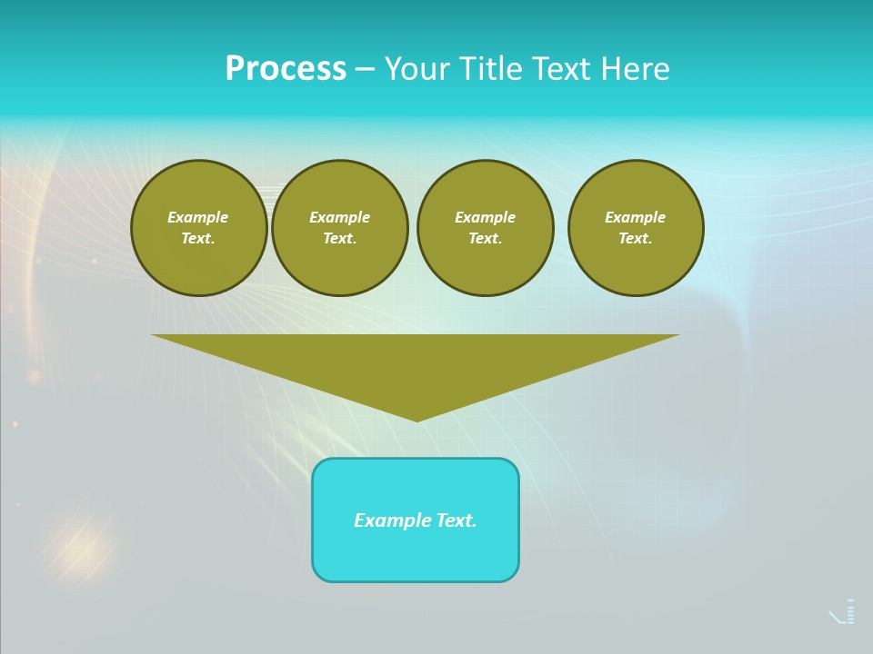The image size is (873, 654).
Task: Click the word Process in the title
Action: tap(286, 69)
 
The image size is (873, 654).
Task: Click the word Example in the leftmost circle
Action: tap(198, 217)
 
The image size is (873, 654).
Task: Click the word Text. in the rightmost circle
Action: tap(636, 238)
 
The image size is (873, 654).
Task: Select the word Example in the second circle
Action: tap(340, 217)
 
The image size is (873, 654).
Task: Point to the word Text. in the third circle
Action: tap(486, 238)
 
